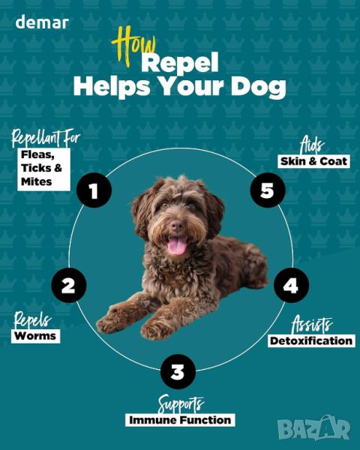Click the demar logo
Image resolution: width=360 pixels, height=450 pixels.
42,22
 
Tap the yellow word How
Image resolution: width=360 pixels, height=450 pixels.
133,46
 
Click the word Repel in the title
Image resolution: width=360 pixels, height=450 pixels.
180,63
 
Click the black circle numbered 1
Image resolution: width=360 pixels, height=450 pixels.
94,190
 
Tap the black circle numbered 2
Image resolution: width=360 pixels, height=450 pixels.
69,285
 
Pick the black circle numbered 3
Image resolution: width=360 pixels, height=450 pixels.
178,372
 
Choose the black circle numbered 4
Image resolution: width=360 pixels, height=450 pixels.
291,285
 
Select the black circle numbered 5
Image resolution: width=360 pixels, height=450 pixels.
268,190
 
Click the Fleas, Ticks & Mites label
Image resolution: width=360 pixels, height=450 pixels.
43,169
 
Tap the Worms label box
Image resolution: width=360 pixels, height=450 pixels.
35,336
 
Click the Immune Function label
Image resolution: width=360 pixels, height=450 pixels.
180,420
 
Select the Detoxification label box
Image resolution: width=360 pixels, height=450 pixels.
311,341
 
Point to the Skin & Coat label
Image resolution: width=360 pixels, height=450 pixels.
313,161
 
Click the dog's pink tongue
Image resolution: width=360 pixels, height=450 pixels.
177,246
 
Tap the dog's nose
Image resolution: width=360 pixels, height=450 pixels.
178,225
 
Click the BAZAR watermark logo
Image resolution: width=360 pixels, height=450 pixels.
314,427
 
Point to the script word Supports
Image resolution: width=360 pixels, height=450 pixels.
181,404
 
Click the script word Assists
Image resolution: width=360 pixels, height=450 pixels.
312,325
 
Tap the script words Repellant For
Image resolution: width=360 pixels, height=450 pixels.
45,138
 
